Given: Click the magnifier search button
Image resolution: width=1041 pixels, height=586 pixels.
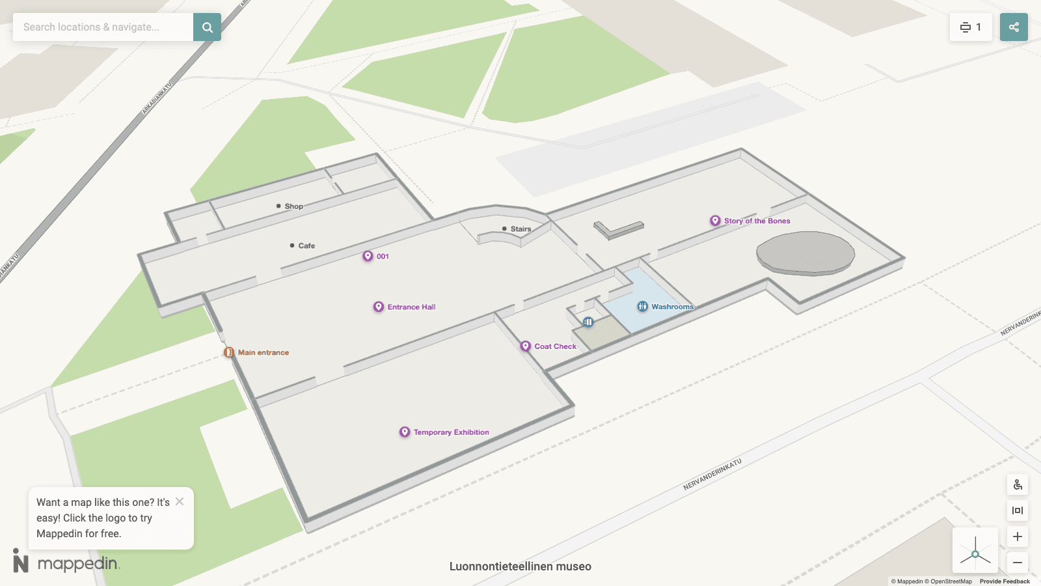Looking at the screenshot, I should pos(207,27).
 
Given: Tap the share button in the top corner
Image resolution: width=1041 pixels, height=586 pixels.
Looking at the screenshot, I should pos(1014,27).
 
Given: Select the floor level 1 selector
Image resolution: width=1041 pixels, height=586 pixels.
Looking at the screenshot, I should pos(971,27).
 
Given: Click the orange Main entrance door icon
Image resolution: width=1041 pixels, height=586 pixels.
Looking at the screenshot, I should pos(229,352).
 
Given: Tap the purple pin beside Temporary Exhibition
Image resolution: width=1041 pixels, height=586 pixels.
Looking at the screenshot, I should pos(405,432).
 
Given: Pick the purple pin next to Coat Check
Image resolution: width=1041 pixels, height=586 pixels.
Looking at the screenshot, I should pos(526,346).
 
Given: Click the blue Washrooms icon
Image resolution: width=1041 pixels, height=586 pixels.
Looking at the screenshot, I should pos(643,307).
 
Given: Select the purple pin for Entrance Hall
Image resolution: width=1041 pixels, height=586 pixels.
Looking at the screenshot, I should pos(379,307).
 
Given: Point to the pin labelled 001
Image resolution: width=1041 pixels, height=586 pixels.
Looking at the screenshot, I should pos(368,257).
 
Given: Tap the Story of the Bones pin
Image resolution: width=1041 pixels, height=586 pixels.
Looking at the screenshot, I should pos(715,221).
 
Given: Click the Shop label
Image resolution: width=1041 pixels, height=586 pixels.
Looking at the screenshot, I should pos(293,206).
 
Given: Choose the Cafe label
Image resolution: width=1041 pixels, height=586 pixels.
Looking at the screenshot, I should pos(306,246).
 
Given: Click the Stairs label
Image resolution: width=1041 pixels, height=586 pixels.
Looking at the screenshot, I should pos(520,229).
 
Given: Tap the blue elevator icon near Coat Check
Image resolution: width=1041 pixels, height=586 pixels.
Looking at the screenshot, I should pos(588,322).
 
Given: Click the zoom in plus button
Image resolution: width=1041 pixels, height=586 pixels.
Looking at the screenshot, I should pos(1018,537).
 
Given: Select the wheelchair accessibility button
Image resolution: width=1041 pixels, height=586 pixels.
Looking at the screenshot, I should pos(1018,485).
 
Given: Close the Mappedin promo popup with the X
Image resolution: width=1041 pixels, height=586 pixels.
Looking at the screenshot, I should pos(180,501).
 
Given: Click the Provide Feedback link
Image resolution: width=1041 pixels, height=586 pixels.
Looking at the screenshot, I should pos(1005,581).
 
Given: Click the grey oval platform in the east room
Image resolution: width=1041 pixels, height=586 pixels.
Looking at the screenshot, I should pos(805,253).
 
